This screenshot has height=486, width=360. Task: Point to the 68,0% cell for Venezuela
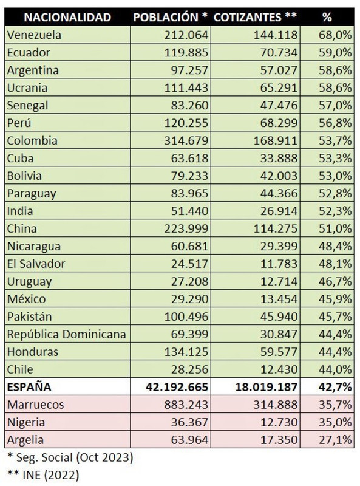335,35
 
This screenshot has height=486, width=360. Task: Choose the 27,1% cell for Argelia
335,439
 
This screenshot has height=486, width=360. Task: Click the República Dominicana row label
65,334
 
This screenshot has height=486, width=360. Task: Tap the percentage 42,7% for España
335,386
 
